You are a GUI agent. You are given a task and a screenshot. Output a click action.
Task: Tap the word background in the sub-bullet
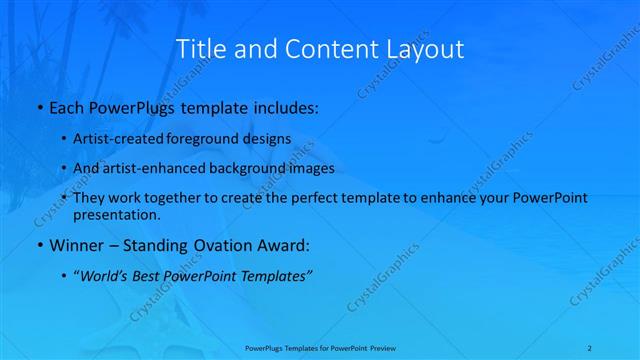point(247,168)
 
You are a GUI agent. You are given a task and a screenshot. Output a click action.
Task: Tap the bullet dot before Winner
point(39,246)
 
